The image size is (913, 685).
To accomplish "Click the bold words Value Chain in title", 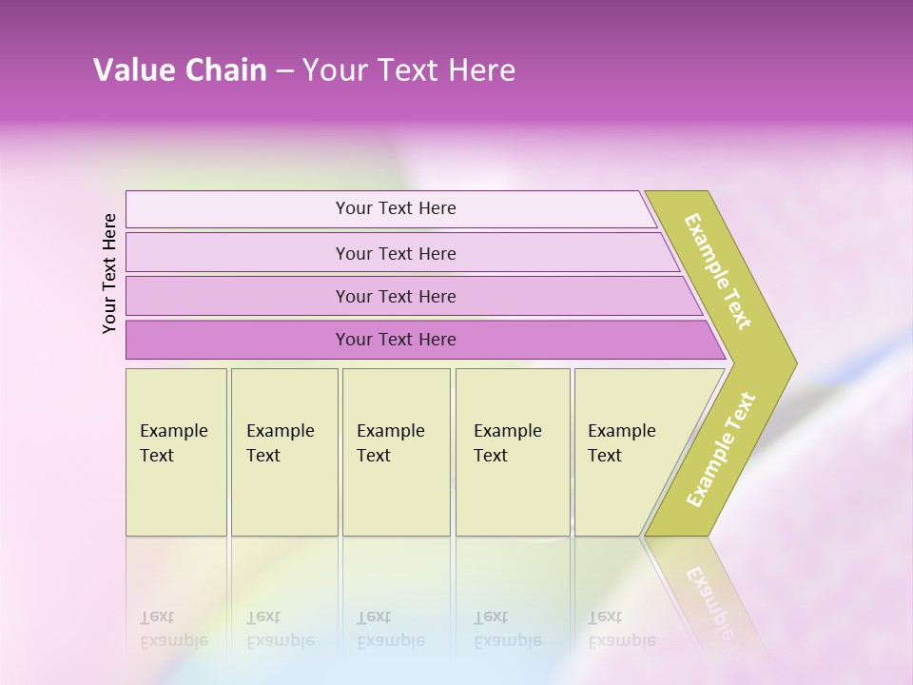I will [x=180, y=70].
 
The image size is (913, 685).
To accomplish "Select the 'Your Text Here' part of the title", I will [x=409, y=70].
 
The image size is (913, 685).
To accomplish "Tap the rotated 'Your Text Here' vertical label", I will [x=109, y=273].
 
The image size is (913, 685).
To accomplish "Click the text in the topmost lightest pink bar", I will [x=396, y=208].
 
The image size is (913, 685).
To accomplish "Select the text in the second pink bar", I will [x=396, y=254].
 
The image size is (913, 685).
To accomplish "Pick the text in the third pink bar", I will [x=396, y=297].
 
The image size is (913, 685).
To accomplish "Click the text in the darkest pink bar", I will [x=396, y=340].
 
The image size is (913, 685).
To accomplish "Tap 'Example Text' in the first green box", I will [x=173, y=443].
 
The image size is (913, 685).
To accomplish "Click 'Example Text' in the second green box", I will [x=280, y=443].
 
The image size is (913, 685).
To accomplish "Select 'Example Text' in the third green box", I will [x=390, y=443].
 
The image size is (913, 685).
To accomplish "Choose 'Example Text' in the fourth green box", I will [x=507, y=443].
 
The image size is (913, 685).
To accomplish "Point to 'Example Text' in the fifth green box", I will [x=621, y=443].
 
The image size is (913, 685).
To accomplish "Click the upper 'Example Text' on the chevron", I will [x=718, y=271].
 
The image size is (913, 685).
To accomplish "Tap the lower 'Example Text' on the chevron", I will [x=721, y=450].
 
